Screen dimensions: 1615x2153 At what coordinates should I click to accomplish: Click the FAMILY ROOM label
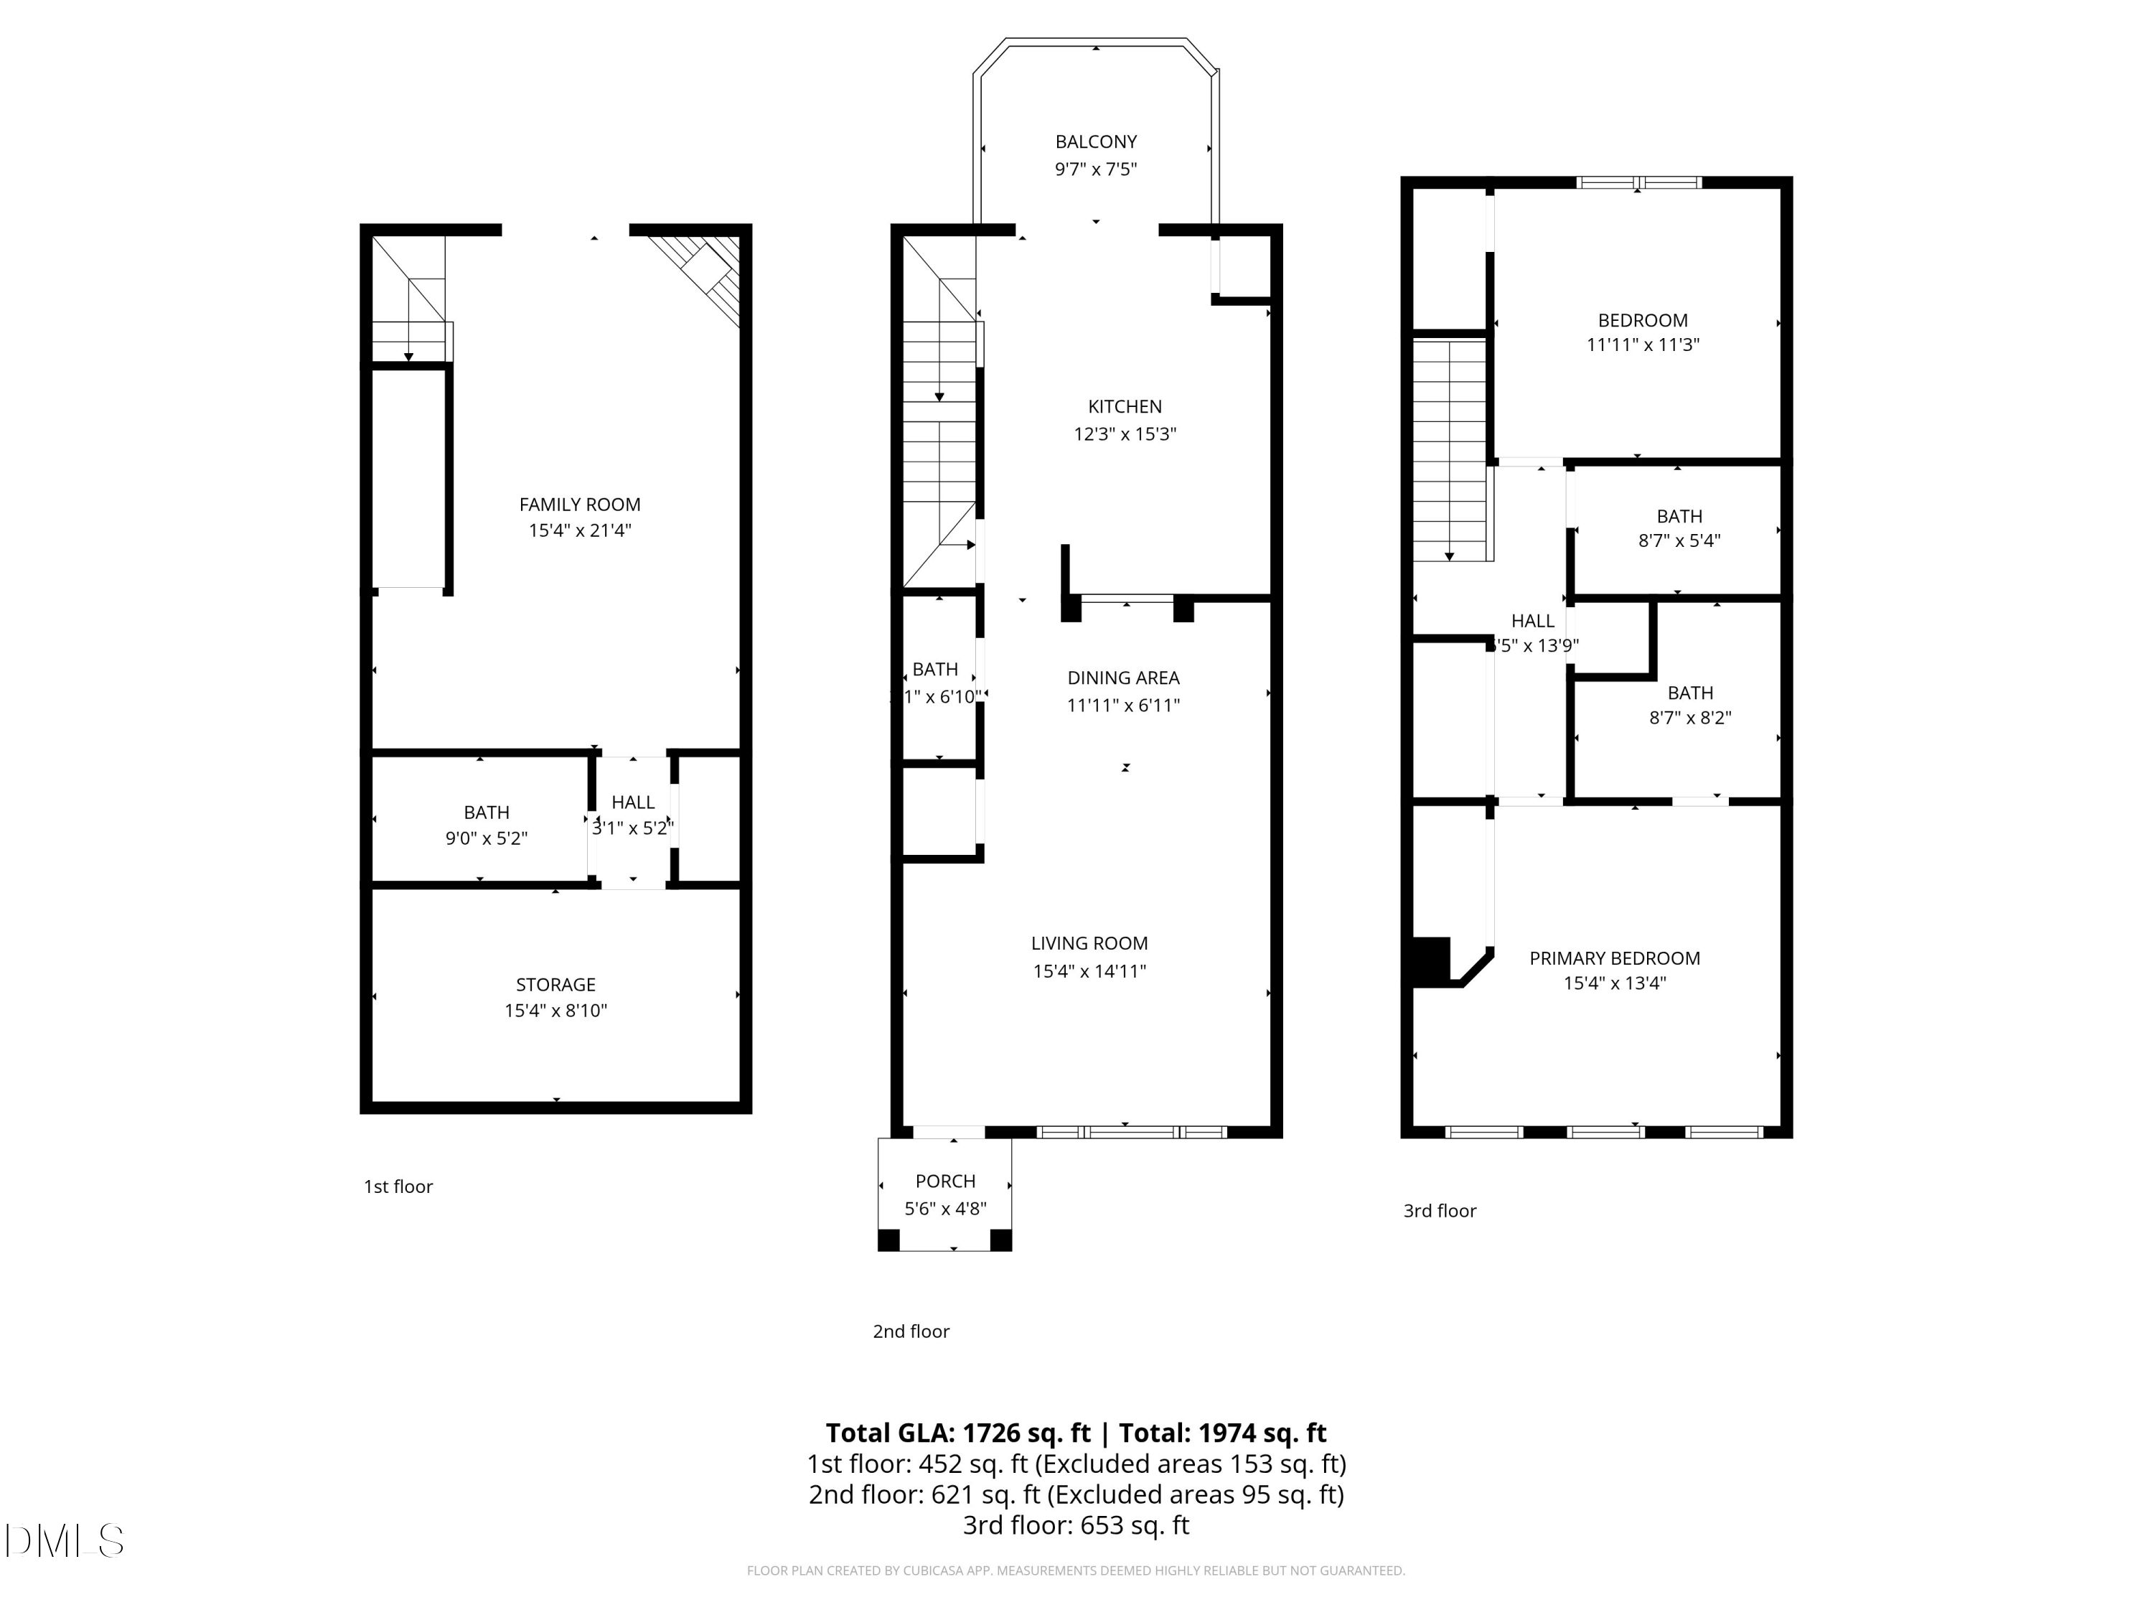click(579, 505)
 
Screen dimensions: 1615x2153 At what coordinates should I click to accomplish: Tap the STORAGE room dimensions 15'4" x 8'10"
click(555, 1011)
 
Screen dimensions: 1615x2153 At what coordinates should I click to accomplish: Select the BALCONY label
click(1096, 142)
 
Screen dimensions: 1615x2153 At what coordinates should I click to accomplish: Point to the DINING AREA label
click(1123, 678)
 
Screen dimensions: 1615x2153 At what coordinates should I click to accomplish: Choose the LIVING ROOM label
click(1089, 943)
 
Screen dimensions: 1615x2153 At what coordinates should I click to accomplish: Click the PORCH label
click(945, 1181)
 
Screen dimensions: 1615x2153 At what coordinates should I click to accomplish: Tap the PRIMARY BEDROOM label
click(1614, 958)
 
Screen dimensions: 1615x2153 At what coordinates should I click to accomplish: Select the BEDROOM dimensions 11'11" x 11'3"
click(1642, 345)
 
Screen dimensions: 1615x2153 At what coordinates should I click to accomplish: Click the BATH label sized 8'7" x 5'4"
click(1679, 516)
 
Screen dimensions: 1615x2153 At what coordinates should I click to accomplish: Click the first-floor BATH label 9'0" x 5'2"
click(486, 812)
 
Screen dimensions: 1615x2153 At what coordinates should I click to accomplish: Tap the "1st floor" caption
click(398, 1186)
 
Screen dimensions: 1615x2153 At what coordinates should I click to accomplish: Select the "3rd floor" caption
click(1439, 1211)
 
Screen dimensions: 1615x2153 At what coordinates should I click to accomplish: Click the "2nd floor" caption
click(910, 1331)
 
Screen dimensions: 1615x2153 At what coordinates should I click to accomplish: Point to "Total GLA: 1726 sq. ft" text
click(958, 1433)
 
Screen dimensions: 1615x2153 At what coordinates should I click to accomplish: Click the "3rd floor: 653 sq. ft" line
click(1076, 1525)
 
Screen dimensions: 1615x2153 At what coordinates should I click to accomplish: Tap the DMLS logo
click(65, 1540)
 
